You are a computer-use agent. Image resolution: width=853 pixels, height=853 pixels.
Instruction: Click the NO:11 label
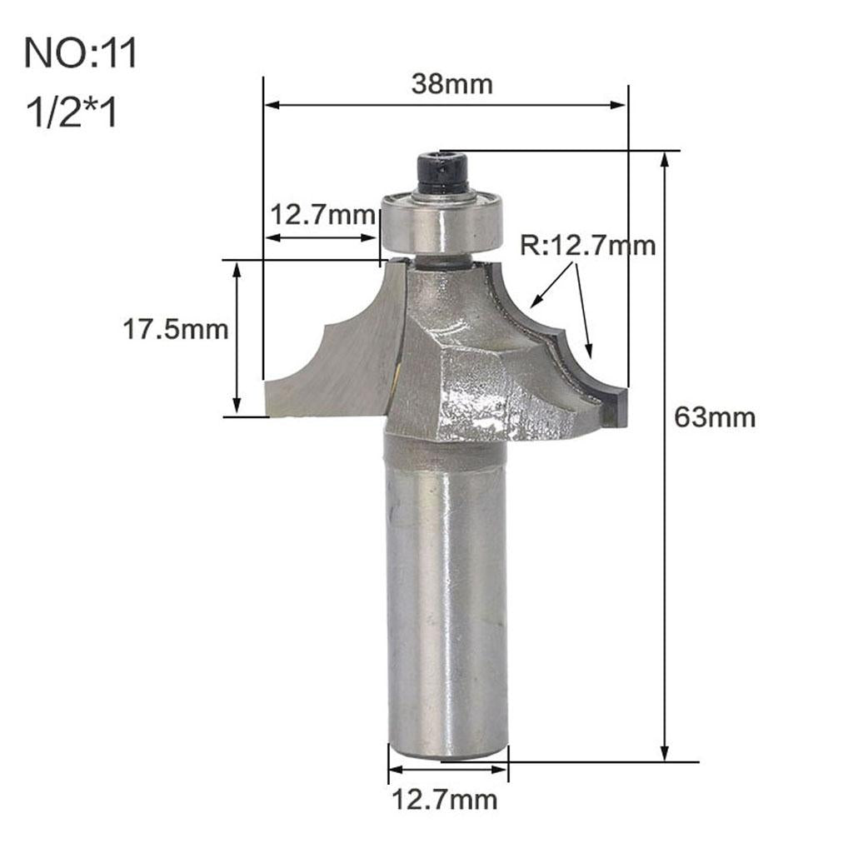pyautogui.click(x=80, y=54)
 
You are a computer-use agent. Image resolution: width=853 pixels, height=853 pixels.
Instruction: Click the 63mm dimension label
pyautogui.click(x=715, y=417)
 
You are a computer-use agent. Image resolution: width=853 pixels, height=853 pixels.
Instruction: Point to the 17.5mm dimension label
pyautogui.click(x=176, y=330)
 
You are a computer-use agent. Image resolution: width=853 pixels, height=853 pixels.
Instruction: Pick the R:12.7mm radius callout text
pyautogui.click(x=588, y=246)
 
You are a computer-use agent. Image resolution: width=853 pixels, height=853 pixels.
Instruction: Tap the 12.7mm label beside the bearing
pyautogui.click(x=322, y=216)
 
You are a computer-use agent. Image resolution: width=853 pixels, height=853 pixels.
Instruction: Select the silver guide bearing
pyautogui.click(x=441, y=223)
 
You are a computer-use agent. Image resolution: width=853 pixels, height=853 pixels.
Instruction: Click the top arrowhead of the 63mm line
pyautogui.click(x=665, y=160)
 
